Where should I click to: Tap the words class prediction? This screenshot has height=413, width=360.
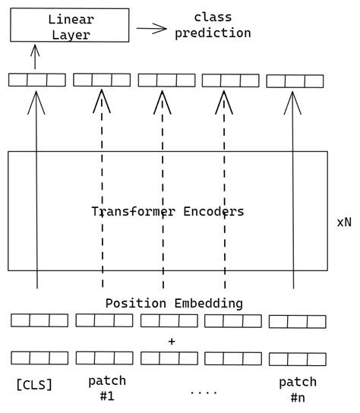[x=212, y=25]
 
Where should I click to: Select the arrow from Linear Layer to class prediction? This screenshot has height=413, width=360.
[x=151, y=29]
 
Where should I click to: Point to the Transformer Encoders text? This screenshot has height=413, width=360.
[x=168, y=212]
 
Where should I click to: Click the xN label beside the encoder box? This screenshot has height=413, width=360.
[x=343, y=223]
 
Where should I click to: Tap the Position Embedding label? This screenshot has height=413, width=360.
[x=174, y=303]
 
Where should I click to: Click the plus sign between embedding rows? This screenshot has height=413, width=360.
[x=172, y=342]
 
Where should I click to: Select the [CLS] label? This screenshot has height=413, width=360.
[x=34, y=385]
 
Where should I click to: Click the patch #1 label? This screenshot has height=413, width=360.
[x=106, y=387]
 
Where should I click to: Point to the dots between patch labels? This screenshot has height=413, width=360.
[x=203, y=393]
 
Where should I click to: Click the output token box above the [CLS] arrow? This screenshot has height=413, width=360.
[x=36, y=80]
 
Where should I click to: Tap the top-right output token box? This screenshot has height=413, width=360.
[x=295, y=80]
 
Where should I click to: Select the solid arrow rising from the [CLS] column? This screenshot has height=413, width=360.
[x=36, y=190]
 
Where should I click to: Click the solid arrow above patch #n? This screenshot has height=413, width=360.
[x=293, y=190]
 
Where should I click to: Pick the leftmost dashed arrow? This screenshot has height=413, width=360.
[x=101, y=190]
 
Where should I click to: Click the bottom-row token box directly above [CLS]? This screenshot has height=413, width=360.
[x=39, y=358]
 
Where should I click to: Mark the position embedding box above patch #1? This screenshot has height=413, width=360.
[x=104, y=320]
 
